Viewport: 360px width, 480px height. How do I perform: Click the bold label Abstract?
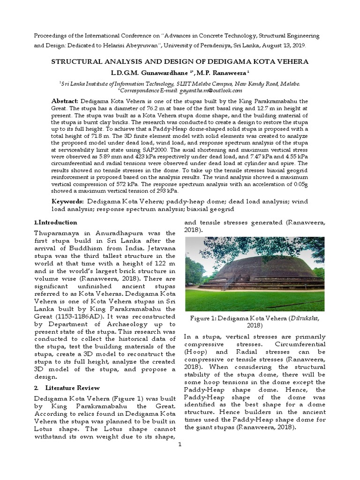66,101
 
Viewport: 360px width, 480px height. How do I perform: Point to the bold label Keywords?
68,201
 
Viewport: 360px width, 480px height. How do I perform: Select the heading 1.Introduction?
56,222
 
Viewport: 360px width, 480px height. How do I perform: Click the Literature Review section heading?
72,388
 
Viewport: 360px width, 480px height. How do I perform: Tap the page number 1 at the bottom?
180,445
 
